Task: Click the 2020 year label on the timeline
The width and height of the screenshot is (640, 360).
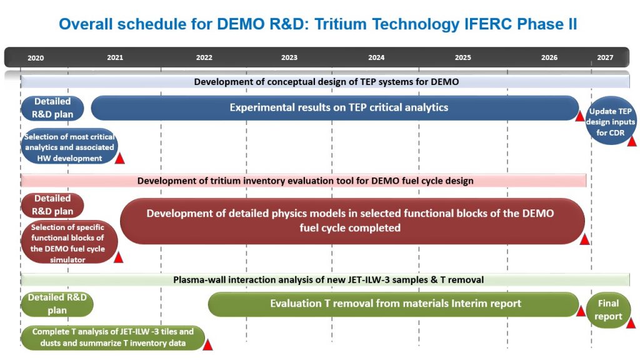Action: pos(36,58)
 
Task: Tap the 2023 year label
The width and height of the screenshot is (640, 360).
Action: pos(289,57)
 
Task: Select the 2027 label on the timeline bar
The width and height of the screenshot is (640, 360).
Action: pos(605,57)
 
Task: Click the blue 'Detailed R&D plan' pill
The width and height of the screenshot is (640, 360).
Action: pos(52,108)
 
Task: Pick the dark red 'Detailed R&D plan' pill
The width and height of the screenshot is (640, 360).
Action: pos(52,205)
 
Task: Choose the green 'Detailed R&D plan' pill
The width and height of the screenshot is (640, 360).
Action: pos(57,304)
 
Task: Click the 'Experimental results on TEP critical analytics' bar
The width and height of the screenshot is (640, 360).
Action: pos(335,107)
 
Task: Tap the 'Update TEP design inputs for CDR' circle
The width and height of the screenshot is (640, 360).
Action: pos(610,121)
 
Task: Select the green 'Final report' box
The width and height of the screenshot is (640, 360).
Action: pos(608,310)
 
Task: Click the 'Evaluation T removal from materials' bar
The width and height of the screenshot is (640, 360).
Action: pos(394,304)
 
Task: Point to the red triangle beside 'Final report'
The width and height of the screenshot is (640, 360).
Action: pos(631,323)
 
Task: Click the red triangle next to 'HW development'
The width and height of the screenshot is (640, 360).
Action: pos(119,158)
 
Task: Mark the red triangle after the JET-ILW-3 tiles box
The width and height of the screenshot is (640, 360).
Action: pos(207,345)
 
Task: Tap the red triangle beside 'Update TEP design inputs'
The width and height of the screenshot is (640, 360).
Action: pos(632,141)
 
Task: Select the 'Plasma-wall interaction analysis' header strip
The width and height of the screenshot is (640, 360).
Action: pos(325,280)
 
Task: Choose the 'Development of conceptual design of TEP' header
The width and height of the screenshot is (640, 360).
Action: pos(325,82)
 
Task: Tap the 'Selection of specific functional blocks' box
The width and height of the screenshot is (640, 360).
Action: pos(69,242)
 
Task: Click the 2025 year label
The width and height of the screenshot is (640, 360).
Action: pos(463,57)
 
